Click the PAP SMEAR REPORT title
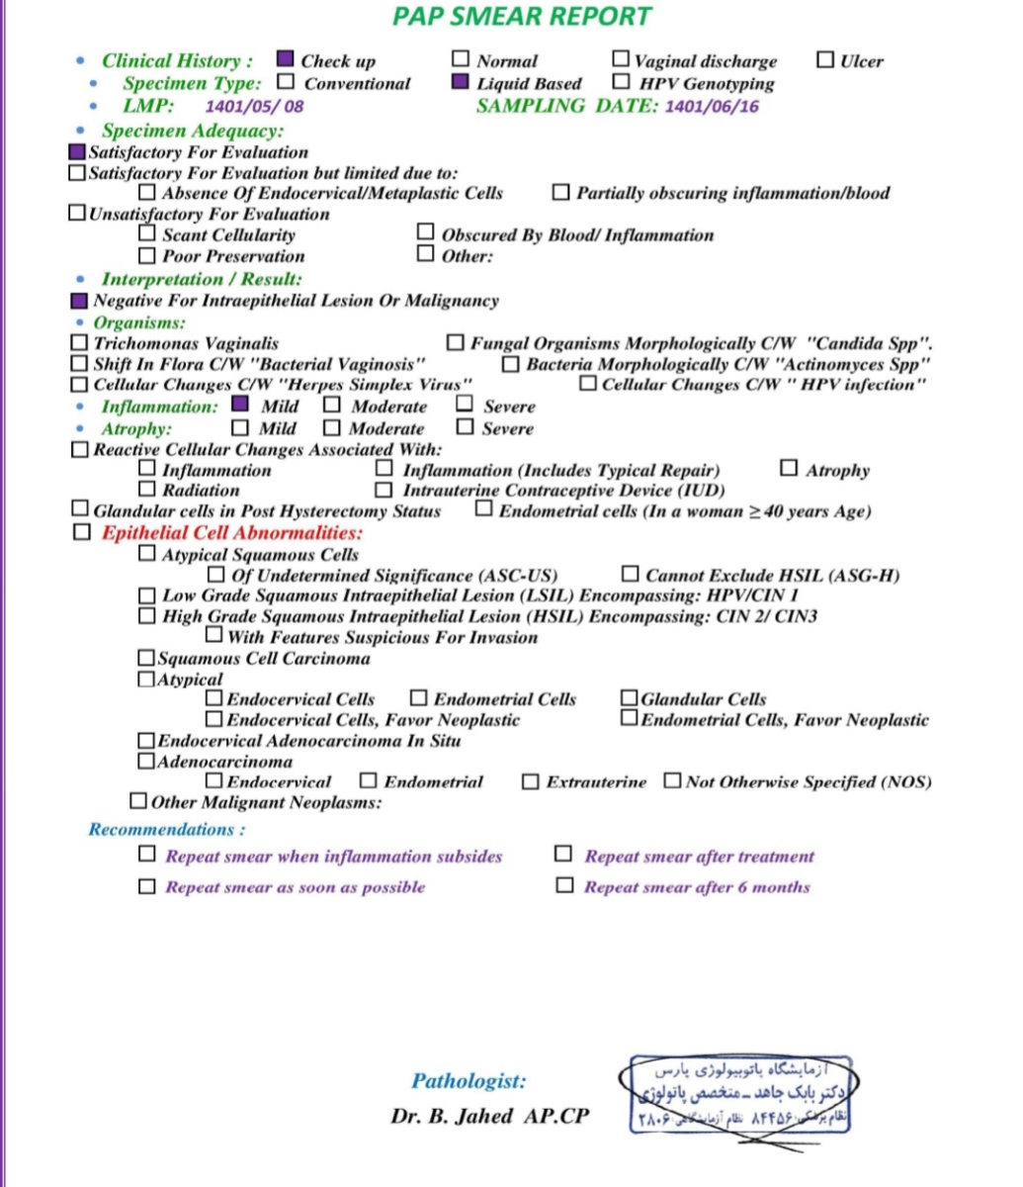coord(522,17)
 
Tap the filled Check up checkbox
coord(286,59)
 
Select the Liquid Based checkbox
coord(460,82)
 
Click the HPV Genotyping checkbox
coord(622,82)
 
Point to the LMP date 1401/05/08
coord(254,107)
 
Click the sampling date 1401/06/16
coord(712,107)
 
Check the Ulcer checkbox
coord(825,59)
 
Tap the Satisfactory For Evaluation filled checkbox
coord(77,152)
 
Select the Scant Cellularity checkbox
coord(147,234)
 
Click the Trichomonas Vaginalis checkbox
coord(79,343)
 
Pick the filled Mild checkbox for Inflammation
coord(239,405)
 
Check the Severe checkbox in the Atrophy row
coord(465,427)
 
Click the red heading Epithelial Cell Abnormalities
coord(232,533)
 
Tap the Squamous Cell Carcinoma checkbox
coord(146,658)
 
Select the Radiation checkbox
coord(147,490)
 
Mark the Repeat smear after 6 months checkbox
coord(564,885)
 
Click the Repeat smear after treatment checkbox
coord(563,855)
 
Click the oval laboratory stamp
coord(741,1093)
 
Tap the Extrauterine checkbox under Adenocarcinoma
coord(531,782)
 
